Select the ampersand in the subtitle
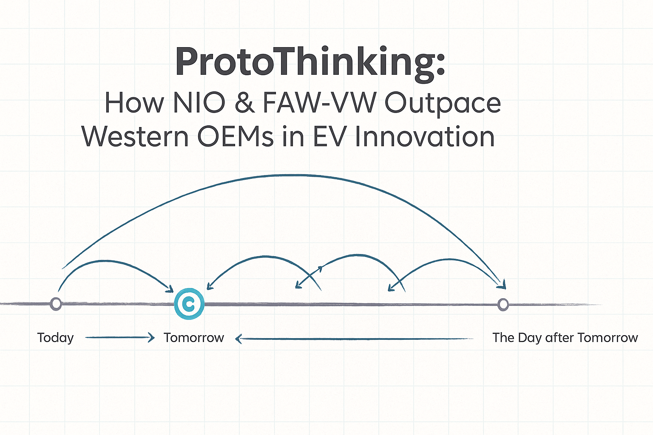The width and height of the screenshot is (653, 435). point(244,103)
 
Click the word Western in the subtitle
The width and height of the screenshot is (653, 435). point(135,137)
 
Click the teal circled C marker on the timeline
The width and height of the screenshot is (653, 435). point(189,304)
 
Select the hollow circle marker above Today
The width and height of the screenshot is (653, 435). point(56,304)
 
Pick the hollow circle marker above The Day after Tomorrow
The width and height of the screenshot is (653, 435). point(503,304)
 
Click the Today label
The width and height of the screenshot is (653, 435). point(55,338)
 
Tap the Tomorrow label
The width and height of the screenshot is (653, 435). point(194,338)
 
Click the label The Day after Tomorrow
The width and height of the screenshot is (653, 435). point(565,338)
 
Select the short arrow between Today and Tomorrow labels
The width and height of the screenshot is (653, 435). point(120,338)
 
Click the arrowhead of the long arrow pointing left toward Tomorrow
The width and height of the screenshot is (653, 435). point(238,339)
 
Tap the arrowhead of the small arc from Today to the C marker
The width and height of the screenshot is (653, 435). point(170,288)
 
